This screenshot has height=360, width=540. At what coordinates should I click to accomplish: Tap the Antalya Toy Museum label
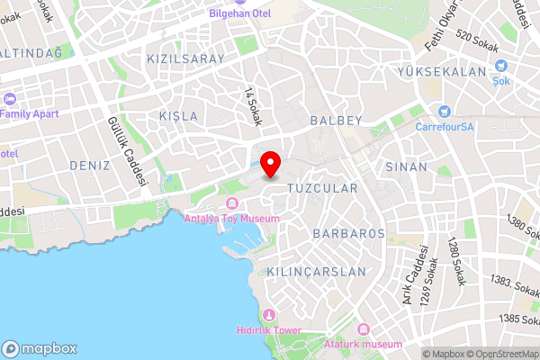pyautogui.click(x=231, y=219)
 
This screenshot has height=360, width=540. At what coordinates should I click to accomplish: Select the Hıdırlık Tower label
pyautogui.click(x=269, y=330)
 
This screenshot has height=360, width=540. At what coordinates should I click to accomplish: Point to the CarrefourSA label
pyautogui.click(x=444, y=127)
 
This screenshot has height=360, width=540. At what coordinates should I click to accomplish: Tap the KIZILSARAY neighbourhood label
pyautogui.click(x=184, y=58)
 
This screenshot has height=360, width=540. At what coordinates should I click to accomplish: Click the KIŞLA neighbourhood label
pyautogui.click(x=177, y=117)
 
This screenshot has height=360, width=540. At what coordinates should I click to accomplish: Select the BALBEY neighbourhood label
pyautogui.click(x=335, y=120)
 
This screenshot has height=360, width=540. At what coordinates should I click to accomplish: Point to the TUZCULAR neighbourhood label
pyautogui.click(x=322, y=188)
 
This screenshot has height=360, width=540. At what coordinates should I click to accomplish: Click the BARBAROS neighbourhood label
pyautogui.click(x=348, y=233)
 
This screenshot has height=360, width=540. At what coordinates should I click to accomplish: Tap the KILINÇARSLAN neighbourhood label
pyautogui.click(x=317, y=271)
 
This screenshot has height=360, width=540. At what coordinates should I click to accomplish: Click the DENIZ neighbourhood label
pyautogui.click(x=89, y=166)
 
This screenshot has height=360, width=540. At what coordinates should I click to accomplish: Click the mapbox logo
pyautogui.click(x=40, y=348)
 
